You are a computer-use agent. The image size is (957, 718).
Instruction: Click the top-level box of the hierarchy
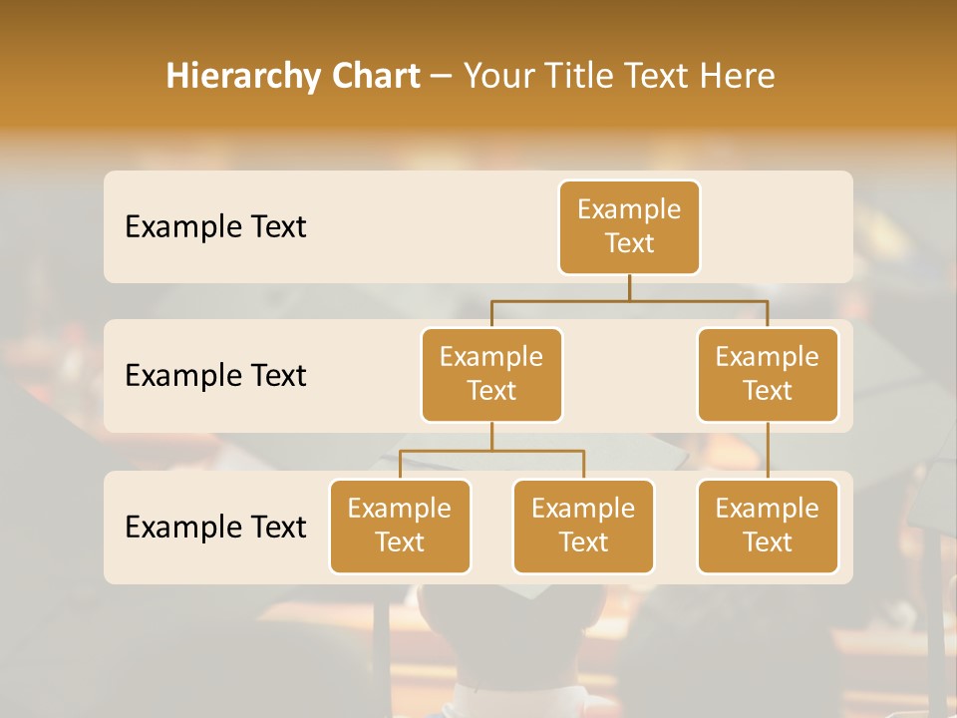pyautogui.click(x=629, y=226)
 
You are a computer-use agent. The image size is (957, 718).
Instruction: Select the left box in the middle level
pyautogui.click(x=491, y=374)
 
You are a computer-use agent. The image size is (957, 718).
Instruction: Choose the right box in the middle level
pyautogui.click(x=768, y=374)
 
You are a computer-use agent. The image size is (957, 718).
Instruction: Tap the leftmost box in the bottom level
pyautogui.click(x=400, y=526)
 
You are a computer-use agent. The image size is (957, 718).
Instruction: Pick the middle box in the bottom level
pyautogui.click(x=583, y=526)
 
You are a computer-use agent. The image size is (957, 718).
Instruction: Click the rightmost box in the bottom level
pyautogui.click(x=768, y=526)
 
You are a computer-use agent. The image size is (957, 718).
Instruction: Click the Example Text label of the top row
pyautogui.click(x=215, y=226)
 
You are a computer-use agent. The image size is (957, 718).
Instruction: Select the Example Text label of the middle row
pyautogui.click(x=215, y=375)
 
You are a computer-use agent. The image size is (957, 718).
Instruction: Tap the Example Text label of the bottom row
pyautogui.click(x=215, y=527)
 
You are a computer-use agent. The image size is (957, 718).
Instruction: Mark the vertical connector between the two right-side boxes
pyautogui.click(x=768, y=451)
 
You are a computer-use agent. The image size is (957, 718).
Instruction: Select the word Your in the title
pyautogui.click(x=497, y=77)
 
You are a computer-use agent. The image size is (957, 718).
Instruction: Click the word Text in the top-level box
pyautogui.click(x=629, y=243)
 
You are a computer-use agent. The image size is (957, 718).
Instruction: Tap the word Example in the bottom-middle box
pyautogui.click(x=583, y=509)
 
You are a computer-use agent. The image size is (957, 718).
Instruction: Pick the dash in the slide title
pyautogui.click(x=442, y=77)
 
